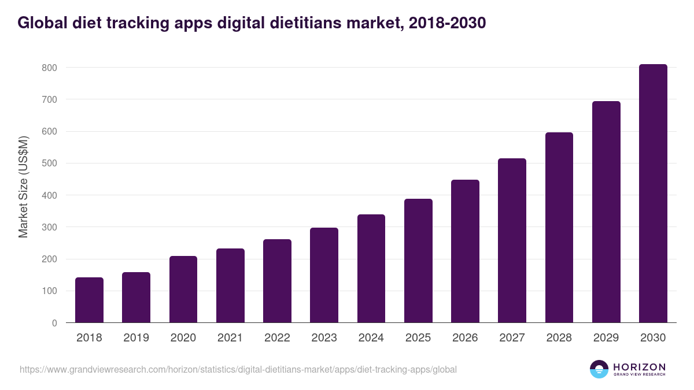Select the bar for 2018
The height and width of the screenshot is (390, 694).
89,300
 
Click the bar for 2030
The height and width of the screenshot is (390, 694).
653,194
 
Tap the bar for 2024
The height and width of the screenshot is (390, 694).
371,269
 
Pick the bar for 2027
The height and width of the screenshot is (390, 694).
512,240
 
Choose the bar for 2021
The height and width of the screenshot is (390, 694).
230,285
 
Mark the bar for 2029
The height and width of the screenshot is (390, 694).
606,212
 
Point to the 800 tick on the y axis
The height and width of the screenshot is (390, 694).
50,68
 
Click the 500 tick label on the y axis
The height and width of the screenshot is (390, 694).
50,164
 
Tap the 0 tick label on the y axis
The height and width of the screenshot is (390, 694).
54,323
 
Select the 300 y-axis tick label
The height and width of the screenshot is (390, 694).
50,227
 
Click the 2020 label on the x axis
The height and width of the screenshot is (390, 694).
183,338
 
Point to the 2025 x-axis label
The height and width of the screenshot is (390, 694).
418,338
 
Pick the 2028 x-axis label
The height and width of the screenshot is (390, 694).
559,338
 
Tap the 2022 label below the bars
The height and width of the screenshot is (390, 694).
277,338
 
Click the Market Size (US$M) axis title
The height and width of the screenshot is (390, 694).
24,187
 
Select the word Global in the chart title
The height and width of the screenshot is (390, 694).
40,23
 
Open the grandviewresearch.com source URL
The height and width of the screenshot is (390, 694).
238,369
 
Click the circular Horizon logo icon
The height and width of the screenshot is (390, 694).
599,369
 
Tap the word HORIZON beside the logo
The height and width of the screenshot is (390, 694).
639,366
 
